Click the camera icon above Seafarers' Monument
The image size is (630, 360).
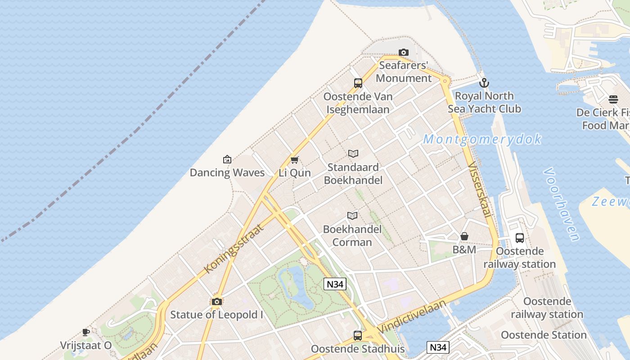[x=404, y=53]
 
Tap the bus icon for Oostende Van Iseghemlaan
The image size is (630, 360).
[x=358, y=83]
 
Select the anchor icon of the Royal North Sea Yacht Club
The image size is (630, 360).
[x=484, y=83]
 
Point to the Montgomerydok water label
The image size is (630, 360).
[x=482, y=139]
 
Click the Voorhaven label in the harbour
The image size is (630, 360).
[x=561, y=204]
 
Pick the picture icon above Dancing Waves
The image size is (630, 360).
[x=227, y=159]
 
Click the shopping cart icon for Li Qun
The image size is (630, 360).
[x=295, y=160]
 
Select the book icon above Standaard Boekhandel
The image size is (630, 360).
[x=353, y=154]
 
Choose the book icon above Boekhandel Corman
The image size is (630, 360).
[x=352, y=216]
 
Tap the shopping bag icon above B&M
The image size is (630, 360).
[x=464, y=236]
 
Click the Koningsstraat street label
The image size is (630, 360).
[x=234, y=247]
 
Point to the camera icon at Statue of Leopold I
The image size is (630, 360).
[x=217, y=301]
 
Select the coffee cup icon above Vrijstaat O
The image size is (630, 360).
[x=86, y=333]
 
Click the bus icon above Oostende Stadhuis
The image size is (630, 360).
[x=358, y=335]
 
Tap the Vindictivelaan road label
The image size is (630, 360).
[x=412, y=317]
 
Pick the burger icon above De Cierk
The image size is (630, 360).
[x=613, y=99]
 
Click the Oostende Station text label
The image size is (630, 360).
[x=544, y=335]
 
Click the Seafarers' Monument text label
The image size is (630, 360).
[x=404, y=72]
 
